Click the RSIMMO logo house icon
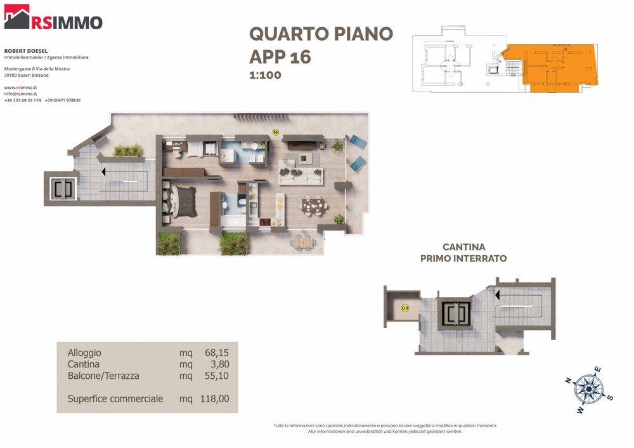[x=17, y=17]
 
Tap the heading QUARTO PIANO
[x=321, y=34]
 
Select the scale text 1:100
[x=265, y=75]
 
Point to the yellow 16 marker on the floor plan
[x=276, y=132]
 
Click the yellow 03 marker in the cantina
[x=404, y=308]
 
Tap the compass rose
[x=589, y=390]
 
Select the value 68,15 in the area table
[x=217, y=352]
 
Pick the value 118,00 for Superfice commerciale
[x=215, y=399]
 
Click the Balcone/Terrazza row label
[x=103, y=376]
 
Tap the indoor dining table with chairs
[x=313, y=206]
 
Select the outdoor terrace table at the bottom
[x=303, y=243]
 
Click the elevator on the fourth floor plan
[x=63, y=188]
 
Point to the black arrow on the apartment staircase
[x=103, y=171]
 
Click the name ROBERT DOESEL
[x=26, y=51]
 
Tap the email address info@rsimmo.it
[x=21, y=94]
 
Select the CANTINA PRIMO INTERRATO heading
[x=463, y=253]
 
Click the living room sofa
[x=301, y=176]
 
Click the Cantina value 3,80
[x=219, y=364]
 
